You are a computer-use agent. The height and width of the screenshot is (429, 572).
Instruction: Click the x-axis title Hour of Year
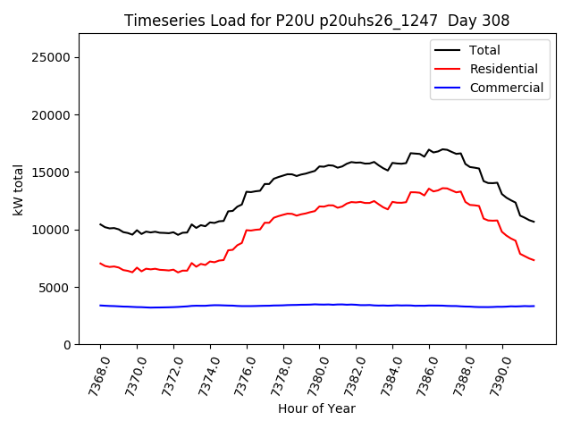[x=316, y=409]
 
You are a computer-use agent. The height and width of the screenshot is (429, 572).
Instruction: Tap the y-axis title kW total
[x=18, y=189]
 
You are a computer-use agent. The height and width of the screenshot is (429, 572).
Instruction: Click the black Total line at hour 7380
[x=320, y=167]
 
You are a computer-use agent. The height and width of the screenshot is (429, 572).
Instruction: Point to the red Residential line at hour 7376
[x=247, y=231]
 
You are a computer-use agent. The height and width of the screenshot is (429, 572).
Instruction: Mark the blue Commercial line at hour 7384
[x=392, y=306]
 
